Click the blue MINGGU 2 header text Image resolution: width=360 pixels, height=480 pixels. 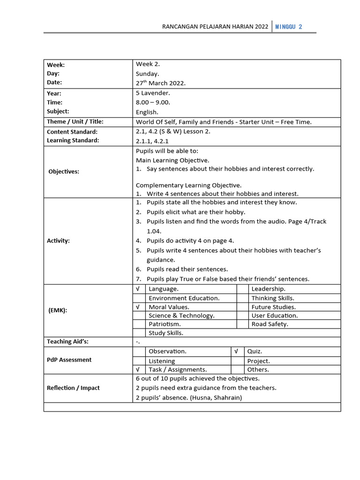click(288, 27)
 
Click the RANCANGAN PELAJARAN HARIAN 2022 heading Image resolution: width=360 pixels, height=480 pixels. click(215, 27)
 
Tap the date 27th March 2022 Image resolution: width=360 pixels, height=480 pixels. click(161, 83)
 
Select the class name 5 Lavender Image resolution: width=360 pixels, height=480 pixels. click(153, 93)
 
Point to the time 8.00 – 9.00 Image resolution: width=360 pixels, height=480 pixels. click(153, 102)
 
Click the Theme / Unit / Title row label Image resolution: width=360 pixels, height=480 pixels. click(75, 122)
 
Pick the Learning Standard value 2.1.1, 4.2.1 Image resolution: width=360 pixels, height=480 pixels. click(152, 141)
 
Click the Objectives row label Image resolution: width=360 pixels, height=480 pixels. click(64, 172)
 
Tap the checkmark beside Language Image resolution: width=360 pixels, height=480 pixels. click(138, 289)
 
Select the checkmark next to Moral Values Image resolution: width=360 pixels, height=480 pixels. click(138, 307)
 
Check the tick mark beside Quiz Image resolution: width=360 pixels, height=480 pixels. click(236, 351)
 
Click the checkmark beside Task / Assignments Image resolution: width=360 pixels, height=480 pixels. click(138, 369)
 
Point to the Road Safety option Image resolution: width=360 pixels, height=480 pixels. click(270, 324)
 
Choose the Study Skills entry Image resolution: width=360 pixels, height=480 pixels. click(166, 333)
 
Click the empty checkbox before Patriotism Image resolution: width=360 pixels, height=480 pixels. click(139, 324)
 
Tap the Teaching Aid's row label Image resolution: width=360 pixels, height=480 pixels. click(67, 342)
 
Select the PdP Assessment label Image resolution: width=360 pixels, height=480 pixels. click(69, 360)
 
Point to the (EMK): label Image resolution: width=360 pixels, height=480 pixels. click(58, 310)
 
